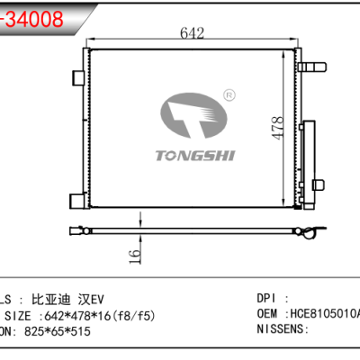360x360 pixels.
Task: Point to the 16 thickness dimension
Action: [x=133, y=256]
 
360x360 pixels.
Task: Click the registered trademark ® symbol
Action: [x=230, y=94]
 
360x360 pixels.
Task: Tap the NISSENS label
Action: [x=282, y=331]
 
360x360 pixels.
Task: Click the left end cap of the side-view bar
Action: [x=73, y=233]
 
